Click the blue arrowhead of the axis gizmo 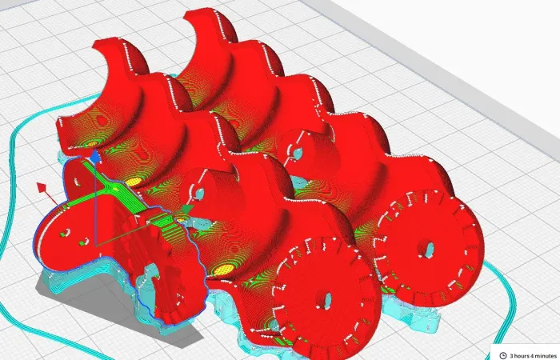pyautogui.click(x=95, y=157)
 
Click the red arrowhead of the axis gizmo pyautogui.click(x=42, y=188)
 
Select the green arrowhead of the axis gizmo pyautogui.click(x=187, y=209)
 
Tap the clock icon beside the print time pyautogui.click(x=503, y=355)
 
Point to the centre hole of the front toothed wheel pyautogui.click(x=326, y=300)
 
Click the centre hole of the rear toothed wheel pyautogui.click(x=429, y=249)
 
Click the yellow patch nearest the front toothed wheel pyautogui.click(x=223, y=269)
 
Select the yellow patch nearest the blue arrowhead pyautogui.click(x=92, y=144)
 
